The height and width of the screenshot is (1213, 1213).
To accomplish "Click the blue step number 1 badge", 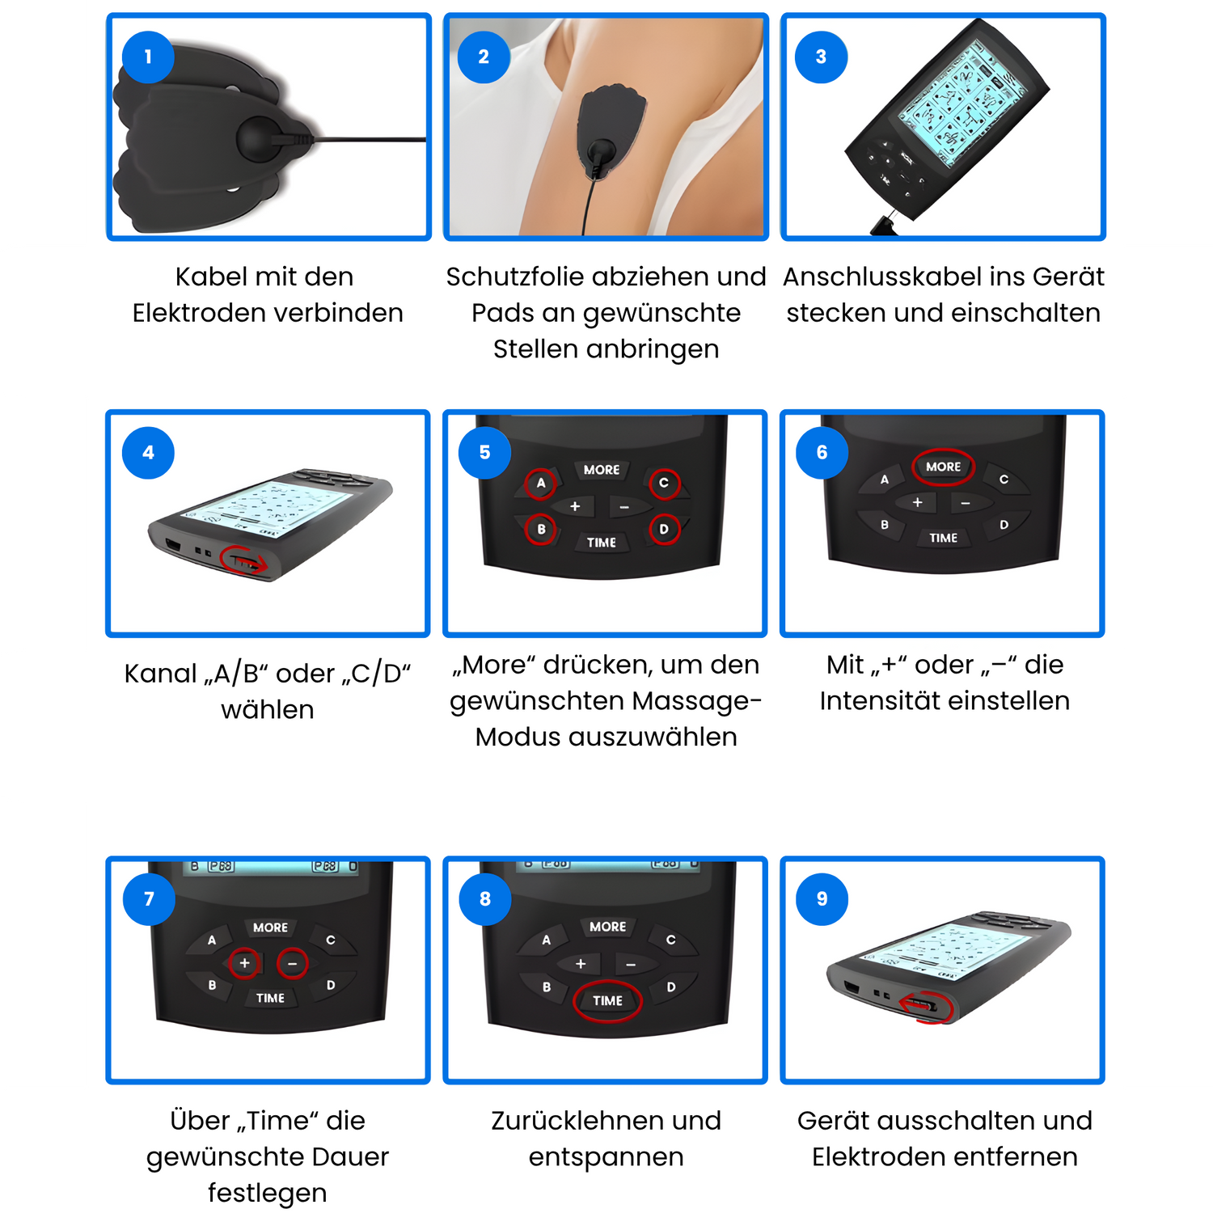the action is tap(148, 57).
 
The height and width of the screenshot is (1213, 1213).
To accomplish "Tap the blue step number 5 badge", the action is tap(484, 452).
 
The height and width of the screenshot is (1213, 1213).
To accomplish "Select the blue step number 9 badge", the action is tap(822, 898).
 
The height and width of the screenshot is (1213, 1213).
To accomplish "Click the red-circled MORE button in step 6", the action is tap(943, 467).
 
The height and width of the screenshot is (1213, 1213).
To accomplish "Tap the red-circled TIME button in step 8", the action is tap(607, 1000).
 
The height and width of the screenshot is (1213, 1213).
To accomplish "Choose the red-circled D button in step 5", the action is tap(664, 530).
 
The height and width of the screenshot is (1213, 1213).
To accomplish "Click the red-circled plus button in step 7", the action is tap(244, 963).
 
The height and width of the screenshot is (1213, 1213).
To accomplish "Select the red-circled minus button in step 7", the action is tap(292, 963).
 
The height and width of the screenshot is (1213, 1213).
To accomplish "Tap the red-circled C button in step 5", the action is tap(664, 483).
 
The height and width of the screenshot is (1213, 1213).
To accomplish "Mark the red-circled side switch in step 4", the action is tap(244, 560).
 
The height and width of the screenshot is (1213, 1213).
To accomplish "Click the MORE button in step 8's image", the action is tap(607, 927).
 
